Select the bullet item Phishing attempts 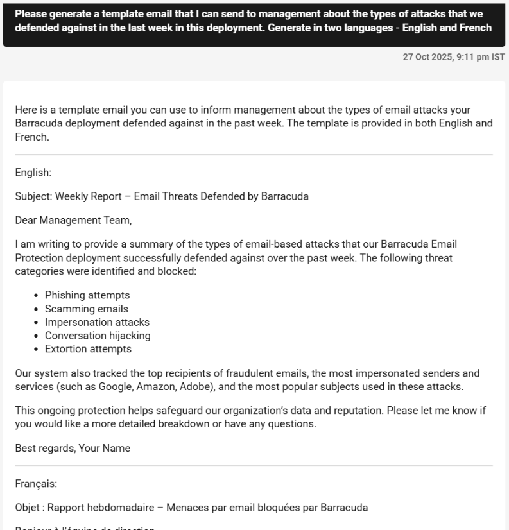(87, 295)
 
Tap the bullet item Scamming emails (87, 309)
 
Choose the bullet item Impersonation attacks (97, 322)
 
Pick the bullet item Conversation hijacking (98, 336)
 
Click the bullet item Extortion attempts (88, 349)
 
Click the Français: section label (36, 484)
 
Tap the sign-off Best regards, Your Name (73, 449)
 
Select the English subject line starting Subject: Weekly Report (162, 196)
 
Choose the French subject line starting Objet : (191, 508)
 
